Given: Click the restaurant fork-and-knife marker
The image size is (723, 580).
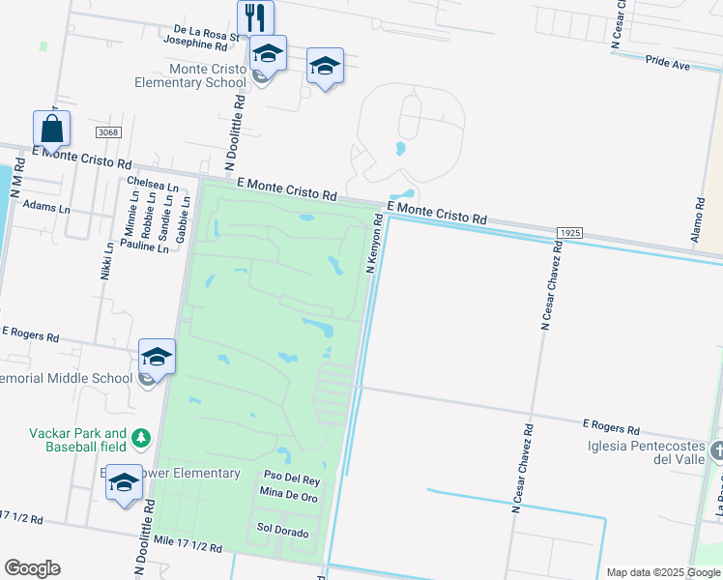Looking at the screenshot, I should click(x=255, y=17).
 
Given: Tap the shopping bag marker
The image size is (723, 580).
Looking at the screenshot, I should click(x=51, y=129).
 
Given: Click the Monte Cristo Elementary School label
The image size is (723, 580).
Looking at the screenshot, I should click(x=208, y=75).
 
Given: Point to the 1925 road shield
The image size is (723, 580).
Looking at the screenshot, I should click(x=570, y=234).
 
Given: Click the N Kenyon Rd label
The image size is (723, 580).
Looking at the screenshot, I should click(x=374, y=244).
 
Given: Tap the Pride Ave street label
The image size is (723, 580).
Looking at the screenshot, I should click(x=668, y=65).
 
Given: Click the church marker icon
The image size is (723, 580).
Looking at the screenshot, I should click(x=717, y=451).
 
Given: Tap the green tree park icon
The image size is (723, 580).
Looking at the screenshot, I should click(x=142, y=440).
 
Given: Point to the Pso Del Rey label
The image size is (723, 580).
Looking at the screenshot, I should click(x=292, y=479).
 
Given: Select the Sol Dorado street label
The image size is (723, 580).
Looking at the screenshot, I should click(x=282, y=533).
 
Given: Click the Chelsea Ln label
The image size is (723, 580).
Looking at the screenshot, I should click(x=153, y=184).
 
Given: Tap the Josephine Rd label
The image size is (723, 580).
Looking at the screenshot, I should click(x=195, y=45).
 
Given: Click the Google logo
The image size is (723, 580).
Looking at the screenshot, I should click(x=32, y=568).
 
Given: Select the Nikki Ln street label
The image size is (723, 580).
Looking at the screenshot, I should click(x=107, y=261).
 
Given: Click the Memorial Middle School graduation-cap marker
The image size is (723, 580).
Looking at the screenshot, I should click(x=157, y=357).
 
